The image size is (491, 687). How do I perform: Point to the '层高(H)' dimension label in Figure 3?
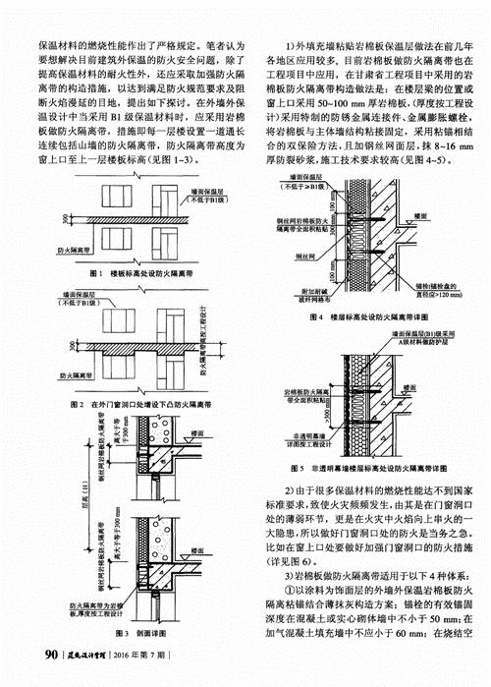(x=62, y=512)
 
